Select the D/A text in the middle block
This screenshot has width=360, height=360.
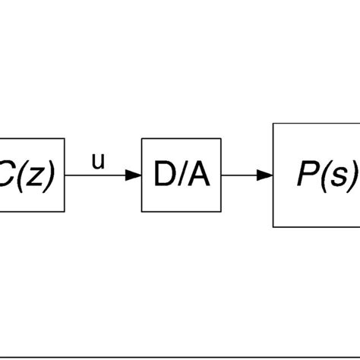click(181, 176)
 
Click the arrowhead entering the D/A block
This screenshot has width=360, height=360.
click(134, 175)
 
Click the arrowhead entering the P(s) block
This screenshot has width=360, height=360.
click(265, 175)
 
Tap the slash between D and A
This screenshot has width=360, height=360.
click(182, 176)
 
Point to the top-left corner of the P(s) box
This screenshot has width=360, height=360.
click(273, 125)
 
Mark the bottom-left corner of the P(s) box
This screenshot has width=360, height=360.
click(273, 226)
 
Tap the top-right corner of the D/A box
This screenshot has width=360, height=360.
click(221, 140)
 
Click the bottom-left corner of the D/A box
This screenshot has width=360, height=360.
click(142, 212)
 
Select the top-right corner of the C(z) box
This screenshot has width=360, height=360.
click(65, 140)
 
